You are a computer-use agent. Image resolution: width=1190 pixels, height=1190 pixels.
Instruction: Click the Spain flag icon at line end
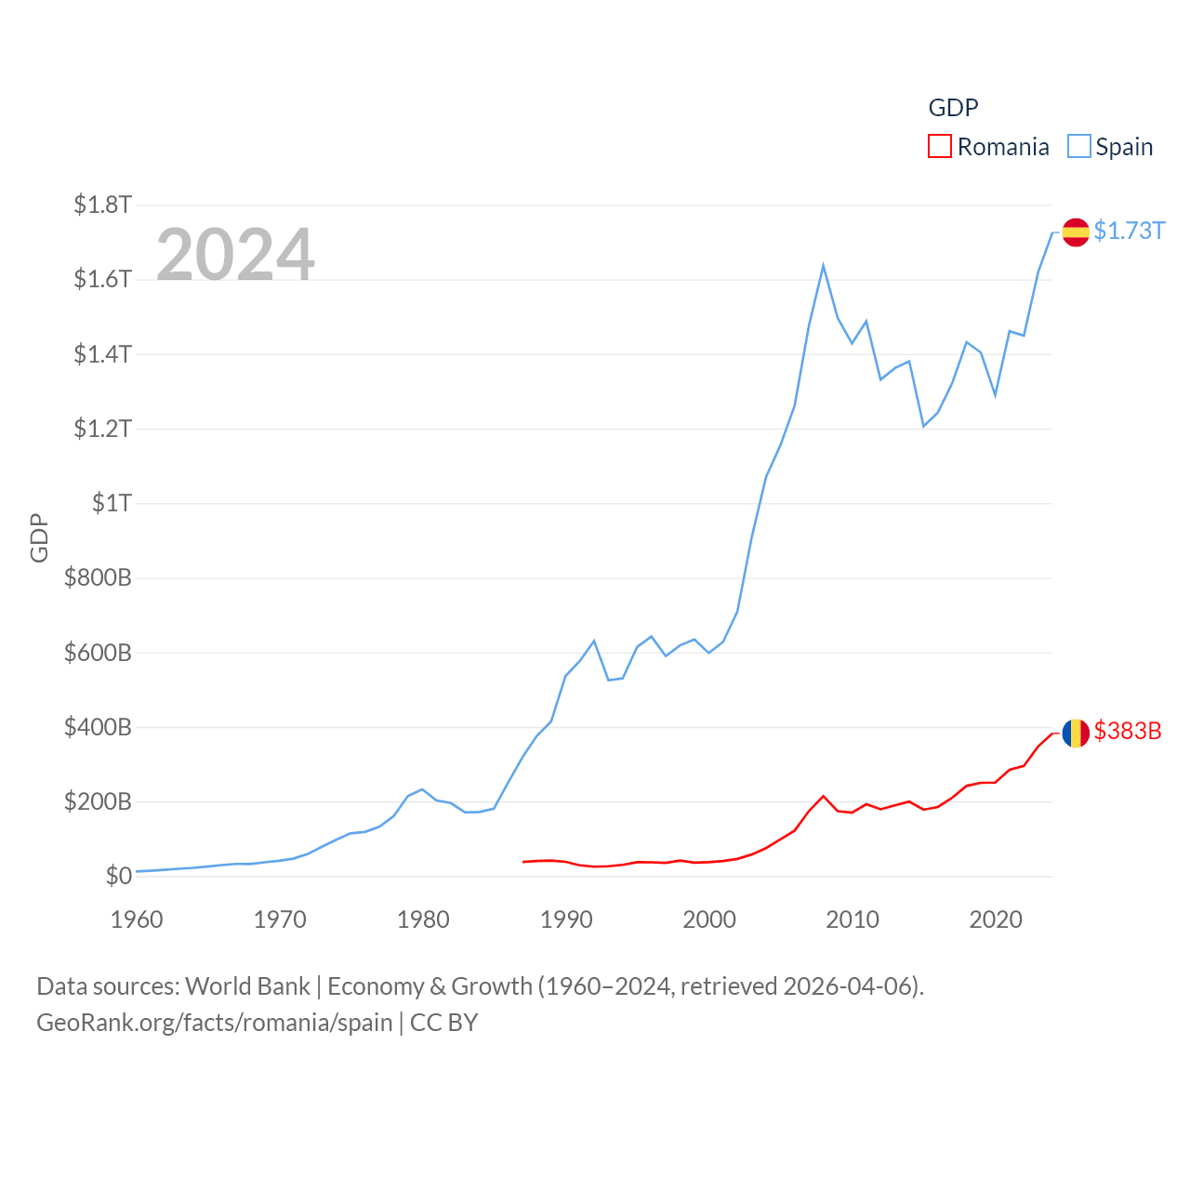point(1076,231)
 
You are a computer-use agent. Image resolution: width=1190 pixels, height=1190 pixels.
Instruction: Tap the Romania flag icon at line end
point(1076,733)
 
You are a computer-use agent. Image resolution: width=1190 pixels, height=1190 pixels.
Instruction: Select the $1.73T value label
point(1130,231)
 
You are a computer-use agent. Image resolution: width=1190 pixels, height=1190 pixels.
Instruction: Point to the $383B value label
point(1128,731)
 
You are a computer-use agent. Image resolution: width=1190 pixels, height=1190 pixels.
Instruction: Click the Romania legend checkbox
point(940,147)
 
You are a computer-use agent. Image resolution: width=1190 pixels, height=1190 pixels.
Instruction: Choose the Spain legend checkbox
point(1078,147)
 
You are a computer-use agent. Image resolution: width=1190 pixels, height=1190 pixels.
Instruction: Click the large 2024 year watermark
point(235,254)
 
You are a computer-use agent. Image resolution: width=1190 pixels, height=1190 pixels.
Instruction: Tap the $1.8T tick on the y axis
point(103,205)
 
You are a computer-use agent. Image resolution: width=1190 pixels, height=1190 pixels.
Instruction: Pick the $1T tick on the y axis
point(112,503)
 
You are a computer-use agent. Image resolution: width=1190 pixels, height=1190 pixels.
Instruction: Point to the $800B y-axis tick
point(98,577)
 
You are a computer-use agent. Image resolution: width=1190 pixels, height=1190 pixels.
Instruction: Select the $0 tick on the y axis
point(118,876)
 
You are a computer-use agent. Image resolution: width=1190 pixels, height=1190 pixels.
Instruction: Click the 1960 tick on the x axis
point(137,919)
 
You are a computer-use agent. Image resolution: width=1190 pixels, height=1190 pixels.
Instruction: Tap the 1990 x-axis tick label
point(566,919)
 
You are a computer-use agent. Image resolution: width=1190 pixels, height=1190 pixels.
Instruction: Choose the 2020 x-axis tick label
point(996,919)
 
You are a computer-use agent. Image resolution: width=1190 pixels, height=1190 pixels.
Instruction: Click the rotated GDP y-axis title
point(39,537)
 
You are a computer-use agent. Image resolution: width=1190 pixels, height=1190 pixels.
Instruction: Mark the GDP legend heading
point(954,108)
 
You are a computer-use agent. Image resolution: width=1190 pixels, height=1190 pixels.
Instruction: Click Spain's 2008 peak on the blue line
point(824,266)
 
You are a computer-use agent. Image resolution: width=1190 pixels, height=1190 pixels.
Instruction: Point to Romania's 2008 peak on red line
point(824,796)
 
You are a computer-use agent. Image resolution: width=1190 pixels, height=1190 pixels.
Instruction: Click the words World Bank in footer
point(247,985)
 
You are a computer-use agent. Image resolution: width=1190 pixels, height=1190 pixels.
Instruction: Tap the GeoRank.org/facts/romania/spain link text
point(215,1023)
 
